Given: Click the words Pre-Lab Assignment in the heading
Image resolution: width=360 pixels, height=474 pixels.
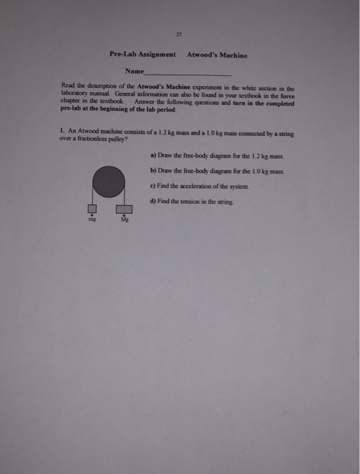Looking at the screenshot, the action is point(142,55).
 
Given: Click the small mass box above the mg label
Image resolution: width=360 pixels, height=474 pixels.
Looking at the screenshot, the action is point(92,209).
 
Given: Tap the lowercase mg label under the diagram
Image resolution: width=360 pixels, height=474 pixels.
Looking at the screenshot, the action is point(92,219).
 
